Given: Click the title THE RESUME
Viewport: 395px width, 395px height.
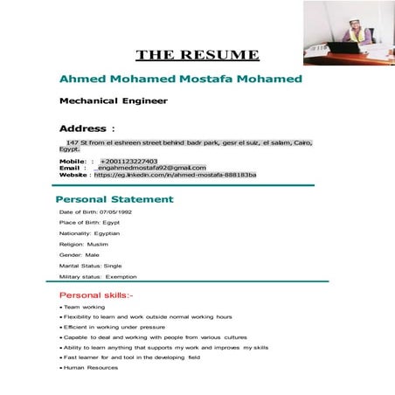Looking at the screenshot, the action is tap(197, 54).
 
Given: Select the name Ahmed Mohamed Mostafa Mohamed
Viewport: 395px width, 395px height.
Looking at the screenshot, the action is tap(181, 79).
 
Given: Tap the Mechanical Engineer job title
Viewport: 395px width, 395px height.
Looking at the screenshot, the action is tap(113, 100).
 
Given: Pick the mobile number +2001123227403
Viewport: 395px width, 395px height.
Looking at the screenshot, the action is tap(128, 161).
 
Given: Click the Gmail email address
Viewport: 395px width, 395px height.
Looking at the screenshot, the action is tap(150, 168).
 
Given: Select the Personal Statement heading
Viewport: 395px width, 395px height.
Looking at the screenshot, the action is tap(114, 199).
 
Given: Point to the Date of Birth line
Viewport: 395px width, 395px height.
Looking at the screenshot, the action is tap(95, 212).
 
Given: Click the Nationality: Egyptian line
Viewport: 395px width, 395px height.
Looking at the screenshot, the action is tap(89, 233).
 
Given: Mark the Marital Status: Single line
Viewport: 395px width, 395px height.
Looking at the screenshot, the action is tap(90, 266).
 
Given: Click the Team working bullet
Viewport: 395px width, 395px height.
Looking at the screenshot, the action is tap(84, 308).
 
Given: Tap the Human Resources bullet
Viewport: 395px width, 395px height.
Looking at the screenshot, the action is tap(91, 368).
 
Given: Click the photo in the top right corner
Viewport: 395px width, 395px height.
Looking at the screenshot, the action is tap(349, 32).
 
